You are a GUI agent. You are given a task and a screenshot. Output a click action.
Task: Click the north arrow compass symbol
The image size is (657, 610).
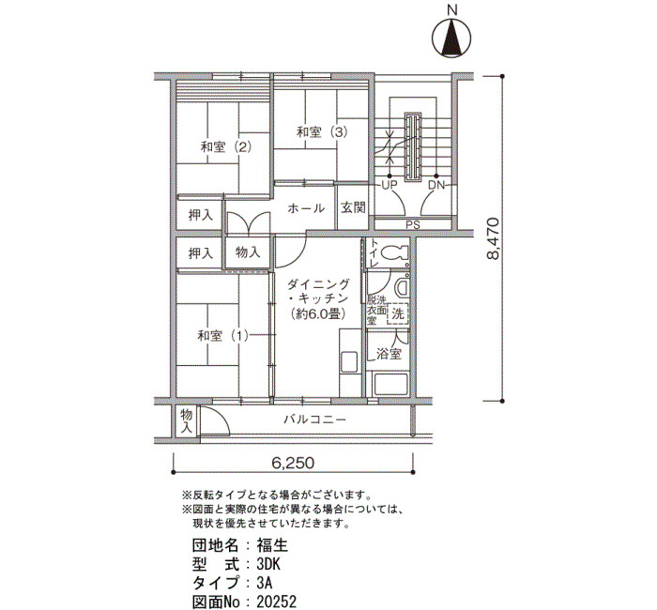[x=451, y=38]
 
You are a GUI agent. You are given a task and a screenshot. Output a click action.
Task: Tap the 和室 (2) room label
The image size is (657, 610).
[x=226, y=147]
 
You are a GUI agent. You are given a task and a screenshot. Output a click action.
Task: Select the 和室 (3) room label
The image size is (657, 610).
[x=322, y=132]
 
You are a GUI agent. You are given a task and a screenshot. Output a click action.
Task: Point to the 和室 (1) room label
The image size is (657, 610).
[x=223, y=336]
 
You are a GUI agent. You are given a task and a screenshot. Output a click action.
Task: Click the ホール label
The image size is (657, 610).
[x=306, y=208]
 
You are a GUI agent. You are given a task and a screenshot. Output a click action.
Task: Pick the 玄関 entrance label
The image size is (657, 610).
[x=353, y=207]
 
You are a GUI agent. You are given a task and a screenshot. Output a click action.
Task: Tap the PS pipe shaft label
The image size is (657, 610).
[x=413, y=225]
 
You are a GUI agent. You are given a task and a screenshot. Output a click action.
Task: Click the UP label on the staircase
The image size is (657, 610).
[x=389, y=185]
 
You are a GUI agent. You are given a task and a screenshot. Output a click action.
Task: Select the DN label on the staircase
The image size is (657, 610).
[x=436, y=185]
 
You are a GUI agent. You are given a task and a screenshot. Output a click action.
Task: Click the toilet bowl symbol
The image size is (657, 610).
[x=396, y=252]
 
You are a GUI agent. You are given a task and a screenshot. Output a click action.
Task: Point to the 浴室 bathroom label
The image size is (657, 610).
[x=389, y=354]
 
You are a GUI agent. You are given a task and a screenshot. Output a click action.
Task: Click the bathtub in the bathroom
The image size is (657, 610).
[x=391, y=385]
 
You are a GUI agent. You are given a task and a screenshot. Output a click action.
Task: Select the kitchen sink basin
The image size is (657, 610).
[x=349, y=362]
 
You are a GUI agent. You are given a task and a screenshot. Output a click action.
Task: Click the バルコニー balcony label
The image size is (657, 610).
[x=315, y=419]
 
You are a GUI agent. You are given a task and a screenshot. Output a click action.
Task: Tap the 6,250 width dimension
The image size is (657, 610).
[x=293, y=463]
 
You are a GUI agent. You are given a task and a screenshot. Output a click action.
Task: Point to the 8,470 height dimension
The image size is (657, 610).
[x=494, y=238]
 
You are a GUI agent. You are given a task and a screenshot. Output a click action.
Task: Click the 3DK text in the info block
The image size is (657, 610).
[x=268, y=565]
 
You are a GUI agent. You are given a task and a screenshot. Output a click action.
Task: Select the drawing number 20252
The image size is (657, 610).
[x=277, y=602]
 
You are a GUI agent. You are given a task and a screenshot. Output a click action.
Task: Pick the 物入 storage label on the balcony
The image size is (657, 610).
[x=186, y=421]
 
